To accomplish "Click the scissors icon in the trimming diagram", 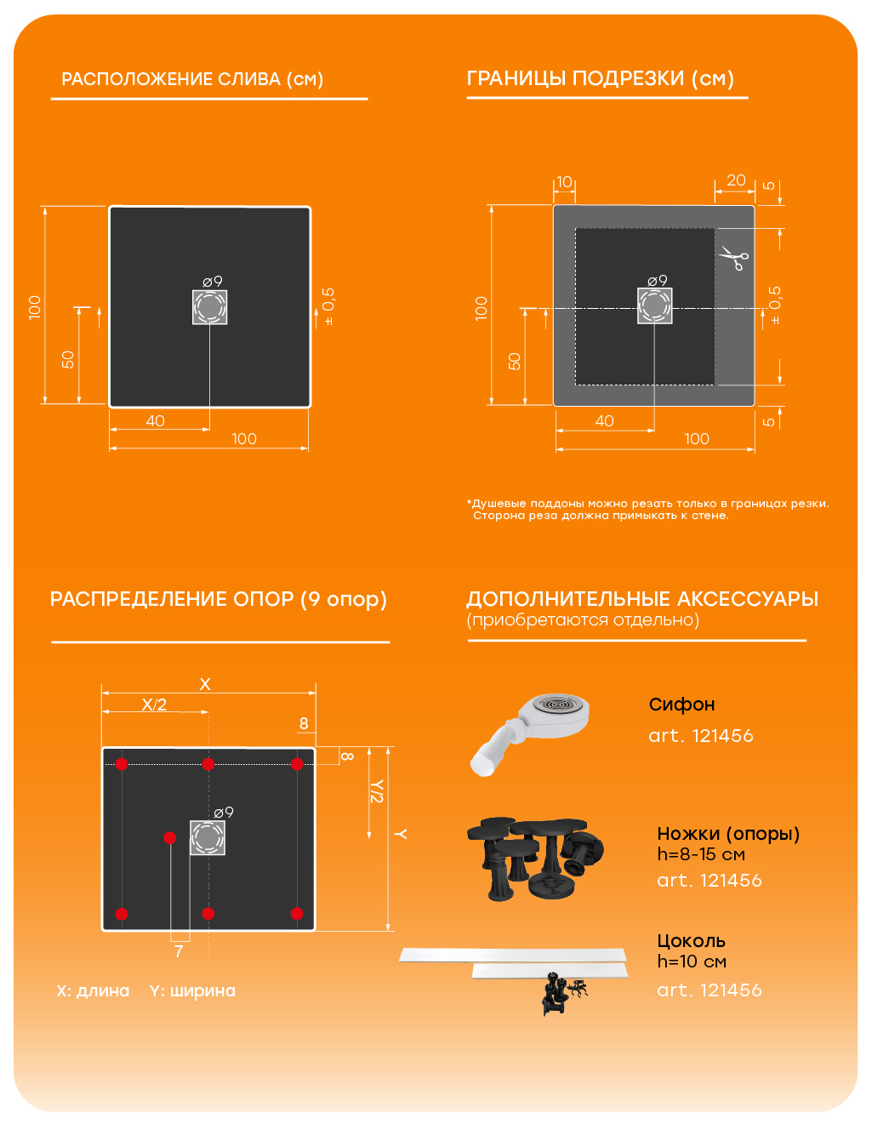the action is (x=733, y=257).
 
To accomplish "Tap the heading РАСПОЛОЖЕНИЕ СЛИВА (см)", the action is (x=192, y=79).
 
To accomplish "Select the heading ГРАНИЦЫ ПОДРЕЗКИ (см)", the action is (x=600, y=78).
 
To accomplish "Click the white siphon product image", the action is (x=530, y=733).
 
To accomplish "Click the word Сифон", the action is (x=681, y=704).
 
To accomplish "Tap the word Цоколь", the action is (x=691, y=940).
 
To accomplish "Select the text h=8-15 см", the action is (x=701, y=854).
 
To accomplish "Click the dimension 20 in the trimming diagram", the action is (x=736, y=180).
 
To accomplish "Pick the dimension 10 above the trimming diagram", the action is (x=564, y=182).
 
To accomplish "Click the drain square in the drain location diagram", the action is (x=209, y=306).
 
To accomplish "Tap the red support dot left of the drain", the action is (x=169, y=837).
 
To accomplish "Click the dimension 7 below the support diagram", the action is (x=179, y=951).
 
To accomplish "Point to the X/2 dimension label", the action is (x=154, y=705).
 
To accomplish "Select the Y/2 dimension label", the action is (x=377, y=791).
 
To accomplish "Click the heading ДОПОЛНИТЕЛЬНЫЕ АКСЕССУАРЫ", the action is (x=641, y=599).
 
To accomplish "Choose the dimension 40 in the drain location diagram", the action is (x=155, y=421).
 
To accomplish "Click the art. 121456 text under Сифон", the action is (x=701, y=735).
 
